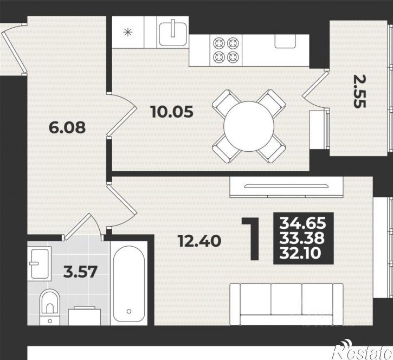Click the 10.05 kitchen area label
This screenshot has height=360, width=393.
[172, 112]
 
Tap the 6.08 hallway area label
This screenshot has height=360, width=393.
[67, 127]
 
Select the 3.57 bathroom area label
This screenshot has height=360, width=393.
[80, 272]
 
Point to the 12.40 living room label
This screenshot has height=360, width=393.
[199, 241]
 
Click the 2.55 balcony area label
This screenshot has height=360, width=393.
[360, 92]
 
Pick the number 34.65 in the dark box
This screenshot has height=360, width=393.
[303, 223]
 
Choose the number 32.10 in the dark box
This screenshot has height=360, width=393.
[300, 253]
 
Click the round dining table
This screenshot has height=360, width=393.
[249, 126]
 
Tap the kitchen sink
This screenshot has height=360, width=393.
[173, 33]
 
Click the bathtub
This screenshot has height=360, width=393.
[129, 284]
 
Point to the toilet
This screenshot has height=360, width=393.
[50, 307]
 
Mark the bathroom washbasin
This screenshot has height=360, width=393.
[40, 263]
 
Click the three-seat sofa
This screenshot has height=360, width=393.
[286, 304]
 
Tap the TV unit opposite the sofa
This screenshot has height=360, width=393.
[286, 187]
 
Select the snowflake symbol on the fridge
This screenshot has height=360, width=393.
[128, 33]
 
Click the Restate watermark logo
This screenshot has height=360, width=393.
[362, 351]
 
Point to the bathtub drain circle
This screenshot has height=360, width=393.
[129, 311]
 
